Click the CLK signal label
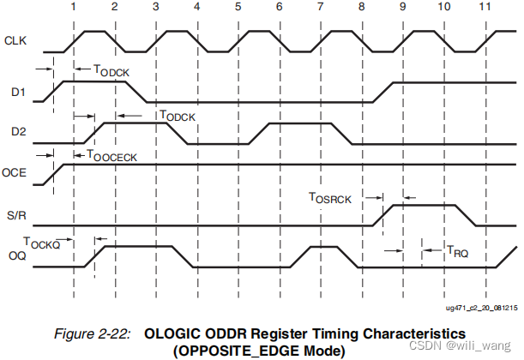pyautogui.click(x=15, y=40)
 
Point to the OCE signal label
pyautogui.click(x=15, y=172)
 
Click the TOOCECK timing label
pyautogui.click(x=111, y=156)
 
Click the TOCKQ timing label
pyautogui.click(x=41, y=243)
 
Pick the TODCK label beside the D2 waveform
pyautogui.click(x=178, y=115)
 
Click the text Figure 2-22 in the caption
pyautogui.click(x=92, y=331)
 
